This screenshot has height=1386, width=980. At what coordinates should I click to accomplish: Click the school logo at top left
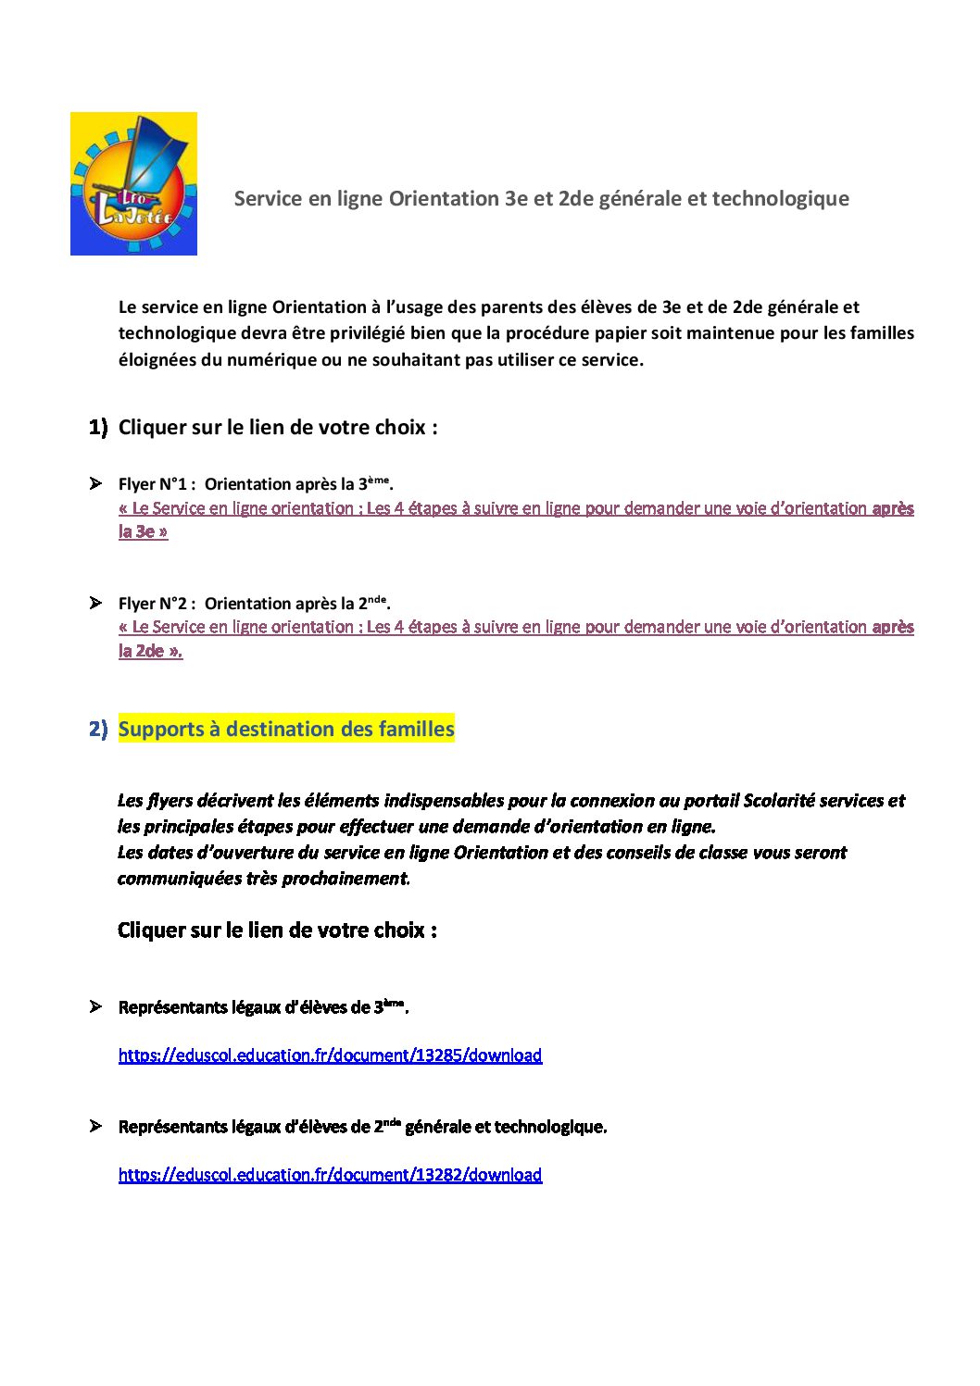click(133, 183)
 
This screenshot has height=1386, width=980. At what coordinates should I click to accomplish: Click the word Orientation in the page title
click(444, 198)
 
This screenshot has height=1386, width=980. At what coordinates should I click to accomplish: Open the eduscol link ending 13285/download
click(330, 1055)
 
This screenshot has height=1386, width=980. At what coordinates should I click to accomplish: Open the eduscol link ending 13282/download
click(330, 1175)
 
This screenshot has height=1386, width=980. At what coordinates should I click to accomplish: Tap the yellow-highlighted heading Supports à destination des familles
click(286, 730)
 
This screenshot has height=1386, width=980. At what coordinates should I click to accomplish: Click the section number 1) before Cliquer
click(98, 428)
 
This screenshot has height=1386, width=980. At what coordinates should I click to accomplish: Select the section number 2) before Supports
click(98, 730)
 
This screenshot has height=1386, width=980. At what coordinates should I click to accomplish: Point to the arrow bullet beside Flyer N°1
click(95, 483)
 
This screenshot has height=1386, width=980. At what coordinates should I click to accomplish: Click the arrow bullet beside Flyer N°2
click(95, 603)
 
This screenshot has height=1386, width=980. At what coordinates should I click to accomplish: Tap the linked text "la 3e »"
click(143, 532)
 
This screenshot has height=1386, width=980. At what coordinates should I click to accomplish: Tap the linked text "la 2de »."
click(150, 651)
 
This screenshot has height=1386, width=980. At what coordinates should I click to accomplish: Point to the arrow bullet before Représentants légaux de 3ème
click(95, 1006)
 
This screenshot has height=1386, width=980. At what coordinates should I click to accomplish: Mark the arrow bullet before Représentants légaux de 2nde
click(95, 1126)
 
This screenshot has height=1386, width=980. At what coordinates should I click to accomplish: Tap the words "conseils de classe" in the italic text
click(675, 853)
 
